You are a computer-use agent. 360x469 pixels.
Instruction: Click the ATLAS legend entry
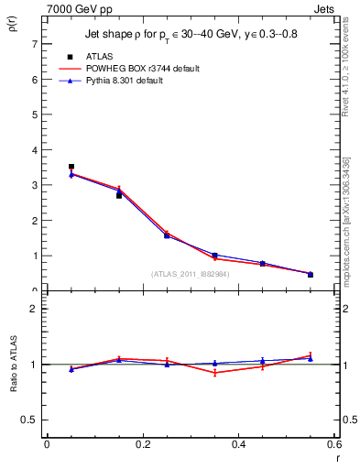tap(98, 57)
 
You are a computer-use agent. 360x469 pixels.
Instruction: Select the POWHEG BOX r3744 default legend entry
tap(140, 69)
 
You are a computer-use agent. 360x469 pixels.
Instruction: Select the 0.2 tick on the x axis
tap(142, 444)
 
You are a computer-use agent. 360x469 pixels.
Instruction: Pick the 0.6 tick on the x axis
tap(333, 444)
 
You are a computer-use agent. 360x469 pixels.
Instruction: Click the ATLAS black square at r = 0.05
tap(71, 167)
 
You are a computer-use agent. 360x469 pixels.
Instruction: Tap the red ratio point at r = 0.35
tap(214, 373)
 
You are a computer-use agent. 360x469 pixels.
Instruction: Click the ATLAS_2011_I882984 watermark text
tap(191, 273)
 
